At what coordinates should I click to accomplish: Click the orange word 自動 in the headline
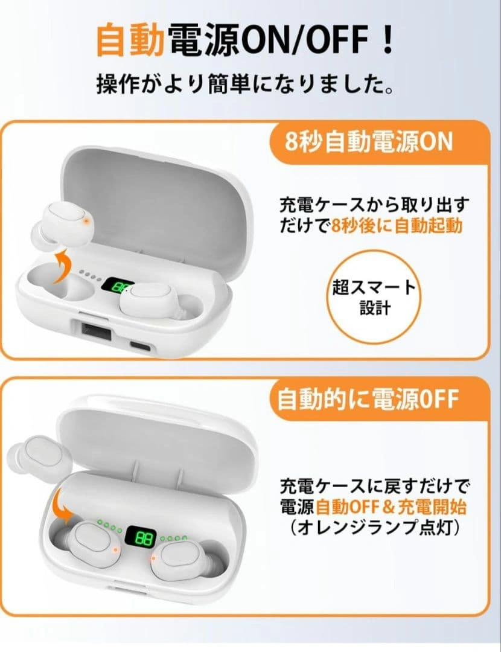[130, 40]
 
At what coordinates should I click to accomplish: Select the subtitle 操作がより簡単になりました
[245, 84]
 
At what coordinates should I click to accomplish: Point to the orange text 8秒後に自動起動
[397, 226]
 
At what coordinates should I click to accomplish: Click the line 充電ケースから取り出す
[374, 204]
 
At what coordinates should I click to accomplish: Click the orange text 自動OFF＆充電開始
[391, 507]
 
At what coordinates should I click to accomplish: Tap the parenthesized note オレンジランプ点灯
[374, 528]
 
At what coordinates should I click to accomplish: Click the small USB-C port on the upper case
[142, 345]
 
